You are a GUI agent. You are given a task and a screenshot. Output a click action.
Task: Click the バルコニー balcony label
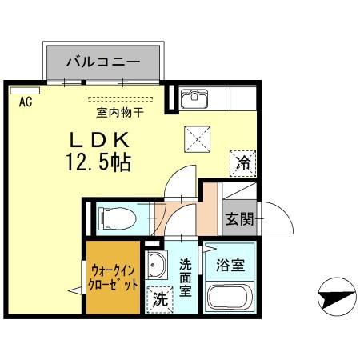(x=103, y=62)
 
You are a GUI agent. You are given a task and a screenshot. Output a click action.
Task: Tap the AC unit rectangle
(x=25, y=90)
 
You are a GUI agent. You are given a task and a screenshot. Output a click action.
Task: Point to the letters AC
(x=26, y=102)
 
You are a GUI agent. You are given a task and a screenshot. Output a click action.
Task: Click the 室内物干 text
(x=120, y=113)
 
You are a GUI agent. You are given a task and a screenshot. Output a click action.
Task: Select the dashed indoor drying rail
(x=121, y=99)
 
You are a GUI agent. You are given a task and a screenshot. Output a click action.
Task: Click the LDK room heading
(x=99, y=140)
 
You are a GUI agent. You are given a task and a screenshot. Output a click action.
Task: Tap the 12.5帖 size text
(x=98, y=162)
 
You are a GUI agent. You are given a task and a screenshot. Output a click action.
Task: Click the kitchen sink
(x=194, y=98)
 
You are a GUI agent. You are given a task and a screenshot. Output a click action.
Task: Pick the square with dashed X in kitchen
(x=198, y=139)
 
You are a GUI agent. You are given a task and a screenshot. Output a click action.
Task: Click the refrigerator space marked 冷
(x=243, y=164)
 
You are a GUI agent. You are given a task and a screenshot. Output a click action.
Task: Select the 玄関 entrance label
(x=239, y=219)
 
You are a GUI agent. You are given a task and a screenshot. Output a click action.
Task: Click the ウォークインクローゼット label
(x=113, y=278)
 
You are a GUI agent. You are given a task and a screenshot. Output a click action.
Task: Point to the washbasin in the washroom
(x=156, y=264)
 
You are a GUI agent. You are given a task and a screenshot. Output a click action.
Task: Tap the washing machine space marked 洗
(x=160, y=299)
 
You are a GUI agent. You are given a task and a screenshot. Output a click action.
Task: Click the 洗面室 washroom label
(x=186, y=278)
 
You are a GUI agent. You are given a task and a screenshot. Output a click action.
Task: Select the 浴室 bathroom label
(x=230, y=265)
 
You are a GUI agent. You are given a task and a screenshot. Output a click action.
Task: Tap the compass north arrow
(x=337, y=297)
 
